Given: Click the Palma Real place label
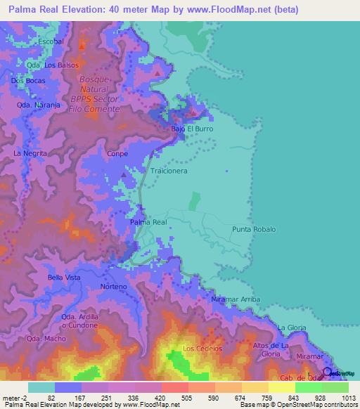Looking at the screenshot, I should (x=148, y=222).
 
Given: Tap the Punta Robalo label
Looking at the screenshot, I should (x=254, y=230).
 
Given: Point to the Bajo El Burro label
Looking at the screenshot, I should (x=192, y=129).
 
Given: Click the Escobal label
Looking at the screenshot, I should (x=51, y=41).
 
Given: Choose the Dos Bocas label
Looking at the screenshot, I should (x=27, y=81).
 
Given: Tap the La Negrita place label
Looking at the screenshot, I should (x=30, y=152).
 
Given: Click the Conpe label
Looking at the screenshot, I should (x=116, y=152).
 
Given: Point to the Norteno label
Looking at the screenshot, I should (x=113, y=287).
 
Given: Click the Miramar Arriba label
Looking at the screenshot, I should (x=236, y=299).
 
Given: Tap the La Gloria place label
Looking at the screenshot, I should (x=291, y=327).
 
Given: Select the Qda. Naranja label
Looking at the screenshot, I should (x=34, y=105).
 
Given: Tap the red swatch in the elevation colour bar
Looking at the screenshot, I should (x=174, y=387).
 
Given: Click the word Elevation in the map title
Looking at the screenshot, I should (x=74, y=9).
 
